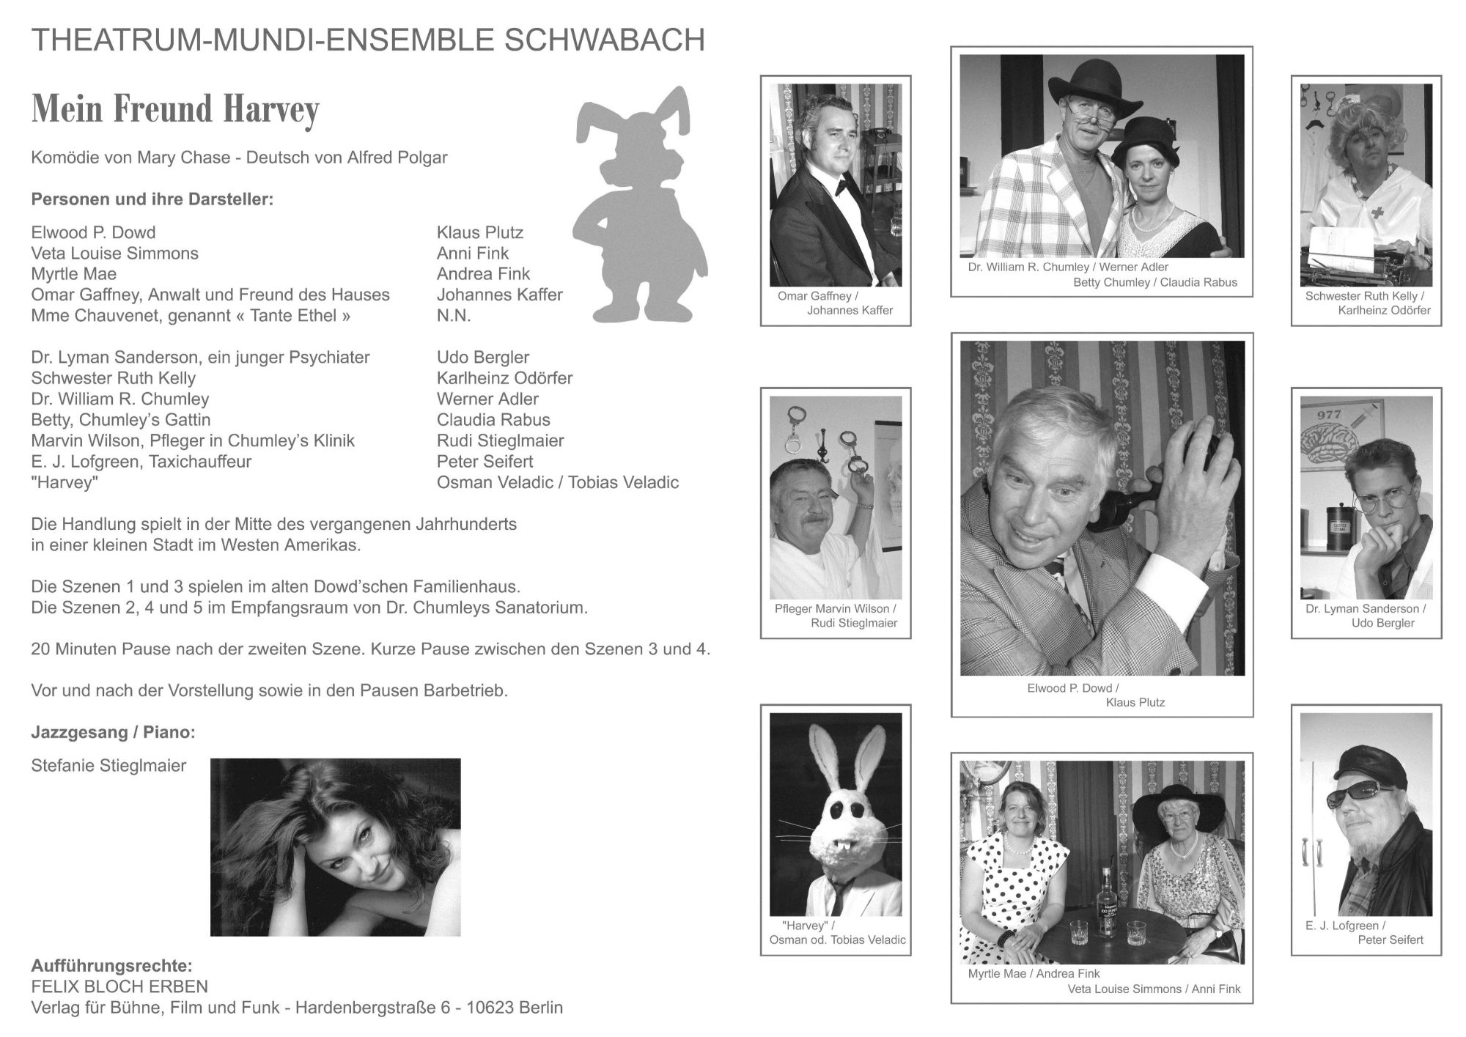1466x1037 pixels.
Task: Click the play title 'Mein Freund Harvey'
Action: click(175, 109)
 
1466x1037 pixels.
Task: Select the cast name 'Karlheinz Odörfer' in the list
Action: click(504, 378)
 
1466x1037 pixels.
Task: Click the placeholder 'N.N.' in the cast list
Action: click(454, 316)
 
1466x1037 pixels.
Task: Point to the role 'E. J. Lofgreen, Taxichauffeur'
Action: click(141, 462)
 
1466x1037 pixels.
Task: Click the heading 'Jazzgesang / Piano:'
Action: click(113, 732)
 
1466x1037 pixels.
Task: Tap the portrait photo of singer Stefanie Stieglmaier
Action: click(335, 847)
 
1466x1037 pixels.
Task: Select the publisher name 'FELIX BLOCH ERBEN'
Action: click(119, 986)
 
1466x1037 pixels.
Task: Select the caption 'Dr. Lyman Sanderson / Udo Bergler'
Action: click(1366, 616)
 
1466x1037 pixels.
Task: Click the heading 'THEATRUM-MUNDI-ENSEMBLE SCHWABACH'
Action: click(368, 40)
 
